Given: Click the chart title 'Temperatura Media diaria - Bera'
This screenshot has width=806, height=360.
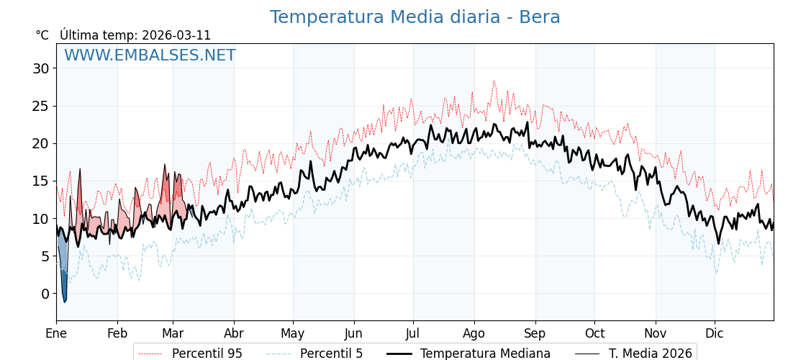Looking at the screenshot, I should pyautogui.click(x=415, y=17).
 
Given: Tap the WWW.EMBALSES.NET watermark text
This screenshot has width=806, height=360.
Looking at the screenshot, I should pyautogui.click(x=150, y=55).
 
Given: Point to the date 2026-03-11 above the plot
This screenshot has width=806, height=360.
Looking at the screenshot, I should pyautogui.click(x=176, y=35).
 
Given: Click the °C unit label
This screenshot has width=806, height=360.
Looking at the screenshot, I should pyautogui.click(x=42, y=35).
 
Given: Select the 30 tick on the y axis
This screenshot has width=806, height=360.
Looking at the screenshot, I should pyautogui.click(x=40, y=68).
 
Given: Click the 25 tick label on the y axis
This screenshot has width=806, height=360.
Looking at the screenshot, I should pyautogui.click(x=40, y=106).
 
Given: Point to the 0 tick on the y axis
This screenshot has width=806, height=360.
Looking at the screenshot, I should pyautogui.click(x=45, y=294).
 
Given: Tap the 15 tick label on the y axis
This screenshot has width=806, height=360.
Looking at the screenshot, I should pyautogui.click(x=40, y=181).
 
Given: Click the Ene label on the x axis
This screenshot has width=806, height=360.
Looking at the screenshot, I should pyautogui.click(x=56, y=333).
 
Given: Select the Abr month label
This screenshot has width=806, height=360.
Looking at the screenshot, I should pyautogui.click(x=234, y=333).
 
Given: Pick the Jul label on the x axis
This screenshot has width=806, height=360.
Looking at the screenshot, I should pyautogui.click(x=413, y=333).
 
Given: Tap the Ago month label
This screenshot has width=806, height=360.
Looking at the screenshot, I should pyautogui.click(x=474, y=333).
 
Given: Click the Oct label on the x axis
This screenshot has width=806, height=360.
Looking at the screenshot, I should pyautogui.click(x=594, y=333).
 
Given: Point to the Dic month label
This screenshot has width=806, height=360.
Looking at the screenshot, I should pyautogui.click(x=715, y=333).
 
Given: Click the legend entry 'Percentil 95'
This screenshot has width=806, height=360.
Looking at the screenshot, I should pyautogui.click(x=207, y=354).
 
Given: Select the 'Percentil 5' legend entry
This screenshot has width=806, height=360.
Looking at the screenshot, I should pyautogui.click(x=331, y=354).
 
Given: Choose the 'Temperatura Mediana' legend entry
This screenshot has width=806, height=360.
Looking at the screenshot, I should pyautogui.click(x=485, y=354).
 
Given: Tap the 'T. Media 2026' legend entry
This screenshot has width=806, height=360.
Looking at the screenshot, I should pyautogui.click(x=650, y=354).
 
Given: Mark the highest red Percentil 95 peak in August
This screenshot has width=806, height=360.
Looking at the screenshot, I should pyautogui.click(x=494, y=81).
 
